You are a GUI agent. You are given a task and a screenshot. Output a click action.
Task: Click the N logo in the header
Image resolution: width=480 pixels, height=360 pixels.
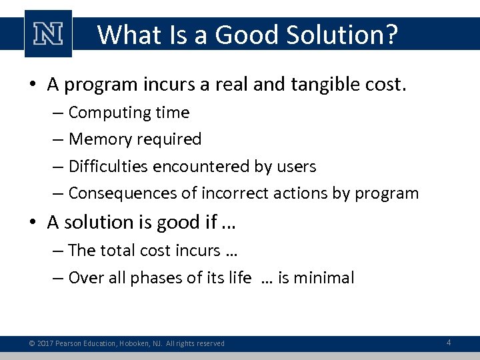tap(47, 33)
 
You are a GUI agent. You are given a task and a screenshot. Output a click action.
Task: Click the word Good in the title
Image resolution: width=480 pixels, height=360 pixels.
tap(239, 34)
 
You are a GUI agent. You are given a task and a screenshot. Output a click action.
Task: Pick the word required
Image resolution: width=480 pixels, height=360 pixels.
tap(169, 139)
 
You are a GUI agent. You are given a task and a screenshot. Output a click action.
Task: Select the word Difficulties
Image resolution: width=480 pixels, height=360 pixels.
tap(108, 167)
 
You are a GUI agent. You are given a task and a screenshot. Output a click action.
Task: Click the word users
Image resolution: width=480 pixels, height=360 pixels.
tap(296, 167)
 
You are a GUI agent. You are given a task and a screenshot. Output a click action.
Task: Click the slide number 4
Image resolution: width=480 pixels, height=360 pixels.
tap(449, 343)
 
